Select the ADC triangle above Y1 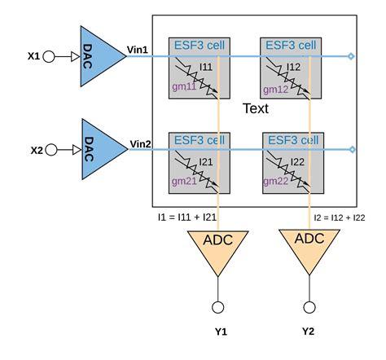click(x=218, y=247)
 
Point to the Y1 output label click(x=219, y=331)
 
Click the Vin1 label click(x=136, y=50)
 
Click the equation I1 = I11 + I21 click(x=186, y=218)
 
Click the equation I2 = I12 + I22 click(x=343, y=218)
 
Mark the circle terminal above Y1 click(x=218, y=306)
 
